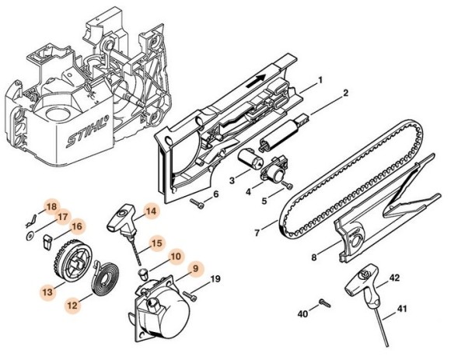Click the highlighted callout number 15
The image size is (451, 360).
pos(156,243)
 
